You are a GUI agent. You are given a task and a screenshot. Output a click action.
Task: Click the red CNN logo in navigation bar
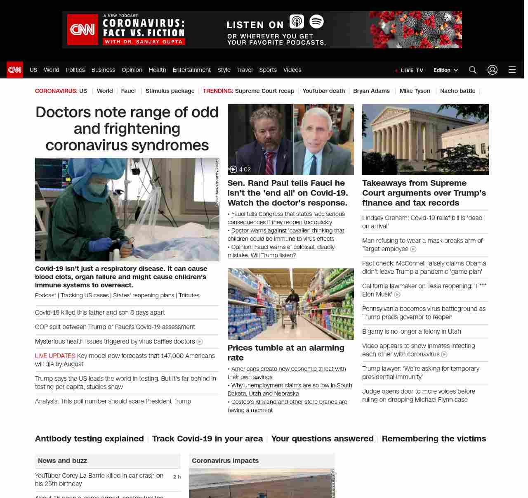(x=15, y=70)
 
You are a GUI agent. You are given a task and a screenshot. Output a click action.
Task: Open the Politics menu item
(x=75, y=70)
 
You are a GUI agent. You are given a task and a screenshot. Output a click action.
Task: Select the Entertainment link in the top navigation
(x=191, y=70)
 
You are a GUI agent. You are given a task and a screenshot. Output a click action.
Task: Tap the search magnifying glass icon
(x=473, y=70)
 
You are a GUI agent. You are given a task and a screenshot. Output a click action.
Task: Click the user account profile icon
(x=493, y=70)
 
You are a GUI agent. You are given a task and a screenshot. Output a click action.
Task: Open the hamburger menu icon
(x=512, y=70)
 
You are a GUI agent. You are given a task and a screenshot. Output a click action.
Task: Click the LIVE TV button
(x=409, y=70)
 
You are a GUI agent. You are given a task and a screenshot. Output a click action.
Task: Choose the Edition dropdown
(x=445, y=70)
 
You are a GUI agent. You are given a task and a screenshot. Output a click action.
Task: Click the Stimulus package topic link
(x=170, y=91)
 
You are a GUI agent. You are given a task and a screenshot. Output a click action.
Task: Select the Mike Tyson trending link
(x=415, y=91)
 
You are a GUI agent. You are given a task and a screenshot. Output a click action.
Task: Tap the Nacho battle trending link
(x=457, y=91)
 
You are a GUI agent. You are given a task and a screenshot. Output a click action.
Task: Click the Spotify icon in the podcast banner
(x=316, y=21)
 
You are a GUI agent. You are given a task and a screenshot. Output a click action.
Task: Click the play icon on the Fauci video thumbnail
(x=233, y=169)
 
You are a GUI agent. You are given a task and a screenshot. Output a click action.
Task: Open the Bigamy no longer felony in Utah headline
(x=411, y=332)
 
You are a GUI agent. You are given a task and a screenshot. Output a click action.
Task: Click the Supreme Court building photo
(x=425, y=140)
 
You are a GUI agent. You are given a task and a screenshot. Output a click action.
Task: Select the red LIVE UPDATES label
(x=55, y=356)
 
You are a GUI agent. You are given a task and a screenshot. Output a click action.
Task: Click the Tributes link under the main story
(x=189, y=295)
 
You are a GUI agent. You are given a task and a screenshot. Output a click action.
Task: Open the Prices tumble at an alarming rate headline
(x=286, y=353)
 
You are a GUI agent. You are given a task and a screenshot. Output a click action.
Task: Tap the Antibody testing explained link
(x=90, y=439)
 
